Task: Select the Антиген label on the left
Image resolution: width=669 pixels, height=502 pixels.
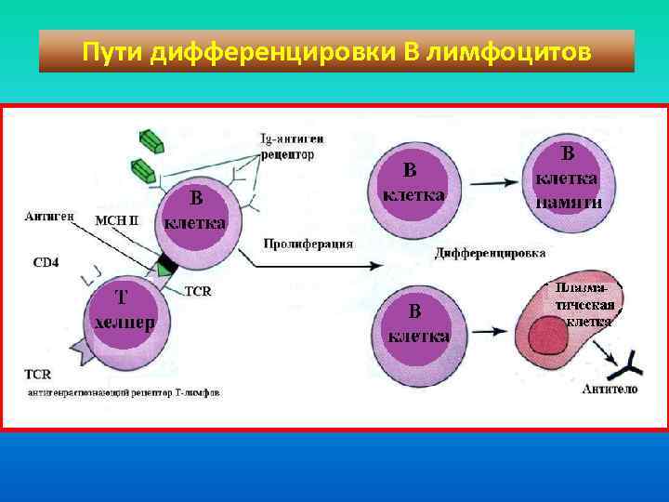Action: click(x=46, y=216)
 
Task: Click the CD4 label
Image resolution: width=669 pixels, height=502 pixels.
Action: click(x=46, y=262)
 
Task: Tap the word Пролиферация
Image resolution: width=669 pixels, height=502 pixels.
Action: click(x=308, y=244)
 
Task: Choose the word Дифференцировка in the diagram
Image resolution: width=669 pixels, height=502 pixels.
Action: click(x=490, y=253)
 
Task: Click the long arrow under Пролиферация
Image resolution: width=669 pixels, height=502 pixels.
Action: click(x=316, y=266)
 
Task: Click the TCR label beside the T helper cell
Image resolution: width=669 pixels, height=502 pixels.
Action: click(x=198, y=291)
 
